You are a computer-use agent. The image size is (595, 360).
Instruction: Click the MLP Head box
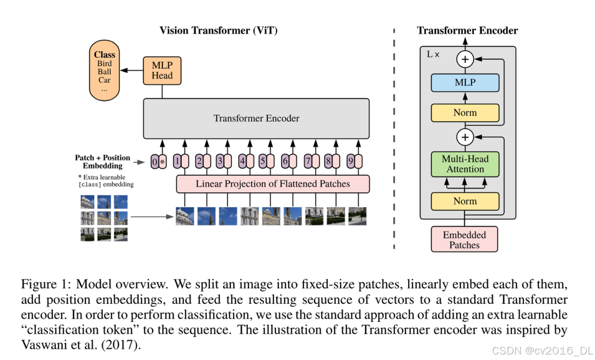(162, 70)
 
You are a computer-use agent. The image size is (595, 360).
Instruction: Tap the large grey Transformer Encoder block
(256, 119)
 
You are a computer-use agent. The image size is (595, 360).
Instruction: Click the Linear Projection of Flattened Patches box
(273, 184)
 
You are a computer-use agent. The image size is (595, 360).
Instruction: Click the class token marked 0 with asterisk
(158, 162)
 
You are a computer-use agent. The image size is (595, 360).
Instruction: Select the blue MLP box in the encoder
(465, 83)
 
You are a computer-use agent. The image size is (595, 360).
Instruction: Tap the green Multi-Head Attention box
(465, 164)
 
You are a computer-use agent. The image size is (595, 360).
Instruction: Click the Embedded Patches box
(464, 240)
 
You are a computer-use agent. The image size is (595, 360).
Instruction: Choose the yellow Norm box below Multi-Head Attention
(465, 201)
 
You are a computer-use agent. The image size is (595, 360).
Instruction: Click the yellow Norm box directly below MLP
(465, 112)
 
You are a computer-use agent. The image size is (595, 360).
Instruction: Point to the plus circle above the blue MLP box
(466, 59)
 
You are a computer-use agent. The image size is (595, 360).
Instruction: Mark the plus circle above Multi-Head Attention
(466, 137)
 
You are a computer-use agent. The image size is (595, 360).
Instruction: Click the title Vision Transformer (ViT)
(218, 30)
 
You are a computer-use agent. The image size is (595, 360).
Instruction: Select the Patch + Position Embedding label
(102, 162)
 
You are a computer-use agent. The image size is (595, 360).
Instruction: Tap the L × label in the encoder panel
(433, 55)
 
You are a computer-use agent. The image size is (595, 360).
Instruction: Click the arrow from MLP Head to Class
(132, 71)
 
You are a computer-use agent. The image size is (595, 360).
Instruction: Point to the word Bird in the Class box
(105, 63)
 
